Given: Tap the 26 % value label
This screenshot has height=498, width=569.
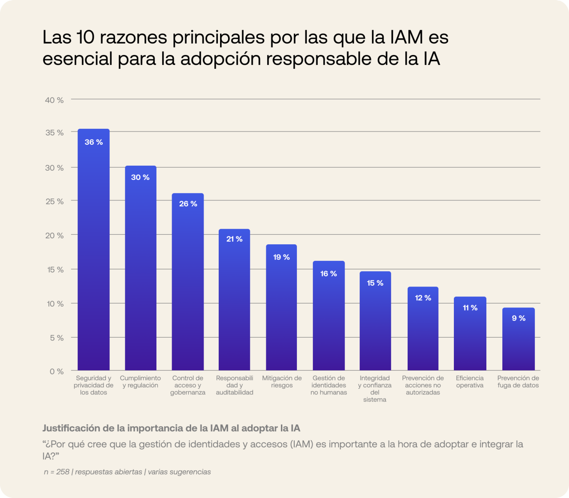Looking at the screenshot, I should pyautogui.click(x=188, y=204).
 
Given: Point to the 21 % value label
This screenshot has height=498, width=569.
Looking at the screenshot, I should pyautogui.click(x=234, y=239).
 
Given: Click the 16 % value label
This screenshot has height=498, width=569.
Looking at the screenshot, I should pyautogui.click(x=329, y=274).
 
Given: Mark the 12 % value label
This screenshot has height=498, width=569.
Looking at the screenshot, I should pyautogui.click(x=423, y=298).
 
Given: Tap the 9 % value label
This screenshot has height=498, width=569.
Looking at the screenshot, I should pyautogui.click(x=518, y=319).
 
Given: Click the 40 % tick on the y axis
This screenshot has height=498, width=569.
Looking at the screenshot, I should pyautogui.click(x=54, y=100).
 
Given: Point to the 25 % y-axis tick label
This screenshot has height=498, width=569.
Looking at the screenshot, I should pyautogui.click(x=54, y=202).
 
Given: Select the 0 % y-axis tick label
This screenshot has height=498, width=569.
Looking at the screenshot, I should pyautogui.click(x=56, y=371).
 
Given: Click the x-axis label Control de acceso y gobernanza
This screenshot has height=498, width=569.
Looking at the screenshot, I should pyautogui.click(x=188, y=385).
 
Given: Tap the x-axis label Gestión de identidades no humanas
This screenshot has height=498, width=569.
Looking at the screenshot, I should pyautogui.click(x=329, y=385).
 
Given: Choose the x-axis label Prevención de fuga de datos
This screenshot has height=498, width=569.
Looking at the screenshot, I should pyautogui.click(x=518, y=382).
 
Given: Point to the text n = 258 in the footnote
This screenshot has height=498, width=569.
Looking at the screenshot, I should pyautogui.click(x=56, y=472).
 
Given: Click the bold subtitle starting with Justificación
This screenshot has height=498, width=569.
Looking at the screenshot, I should pyautogui.click(x=171, y=428).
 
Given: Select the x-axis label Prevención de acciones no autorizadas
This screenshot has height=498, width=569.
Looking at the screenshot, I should pyautogui.click(x=423, y=385).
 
